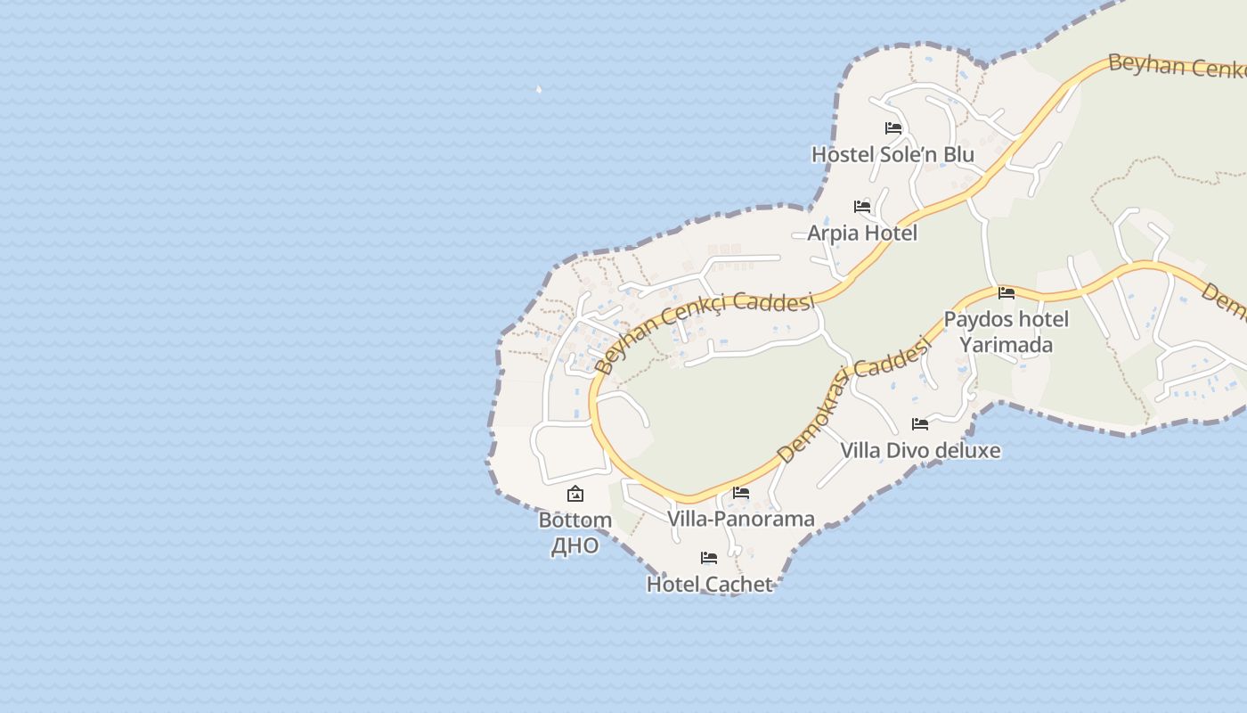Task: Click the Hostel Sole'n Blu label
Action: coord(892,154)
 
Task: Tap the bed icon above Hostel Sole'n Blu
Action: coord(893,128)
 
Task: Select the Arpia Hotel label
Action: coord(862,233)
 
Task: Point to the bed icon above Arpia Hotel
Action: coord(862,207)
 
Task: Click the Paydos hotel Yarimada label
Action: coord(1007,332)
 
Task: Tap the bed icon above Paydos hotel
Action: coord(1007,292)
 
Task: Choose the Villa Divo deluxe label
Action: coord(920,450)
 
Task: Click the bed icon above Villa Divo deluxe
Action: coord(920,424)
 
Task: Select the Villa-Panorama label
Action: coord(741,519)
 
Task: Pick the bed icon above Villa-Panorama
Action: coord(741,493)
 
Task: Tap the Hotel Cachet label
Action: coord(709,584)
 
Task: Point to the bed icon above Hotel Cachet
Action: coord(709,558)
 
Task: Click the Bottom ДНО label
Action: coord(575,532)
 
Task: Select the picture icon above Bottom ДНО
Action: coord(575,494)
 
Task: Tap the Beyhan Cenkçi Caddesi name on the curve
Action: coord(704,328)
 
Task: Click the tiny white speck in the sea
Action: coord(538,89)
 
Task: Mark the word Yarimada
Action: coord(1007,345)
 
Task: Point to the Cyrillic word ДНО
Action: coord(575,545)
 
